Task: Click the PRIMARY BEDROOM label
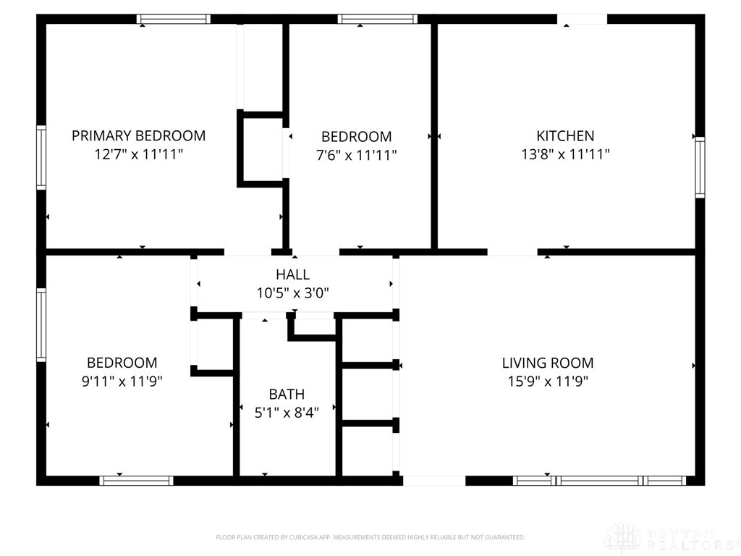(138, 135)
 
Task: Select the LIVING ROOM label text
(548, 363)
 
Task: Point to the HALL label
(292, 274)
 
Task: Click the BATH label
(287, 395)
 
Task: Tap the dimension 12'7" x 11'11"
(138, 154)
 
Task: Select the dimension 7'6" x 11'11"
(356, 155)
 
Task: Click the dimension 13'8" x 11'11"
(565, 154)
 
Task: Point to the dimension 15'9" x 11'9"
(548, 382)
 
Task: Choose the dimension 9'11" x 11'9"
(122, 382)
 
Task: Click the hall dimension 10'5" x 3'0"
(292, 293)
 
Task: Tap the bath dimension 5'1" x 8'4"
(287, 413)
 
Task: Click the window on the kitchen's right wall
(700, 167)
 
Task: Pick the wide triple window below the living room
(599, 480)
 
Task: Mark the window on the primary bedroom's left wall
(41, 158)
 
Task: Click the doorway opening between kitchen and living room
(512, 252)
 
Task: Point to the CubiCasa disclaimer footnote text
(370, 537)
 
